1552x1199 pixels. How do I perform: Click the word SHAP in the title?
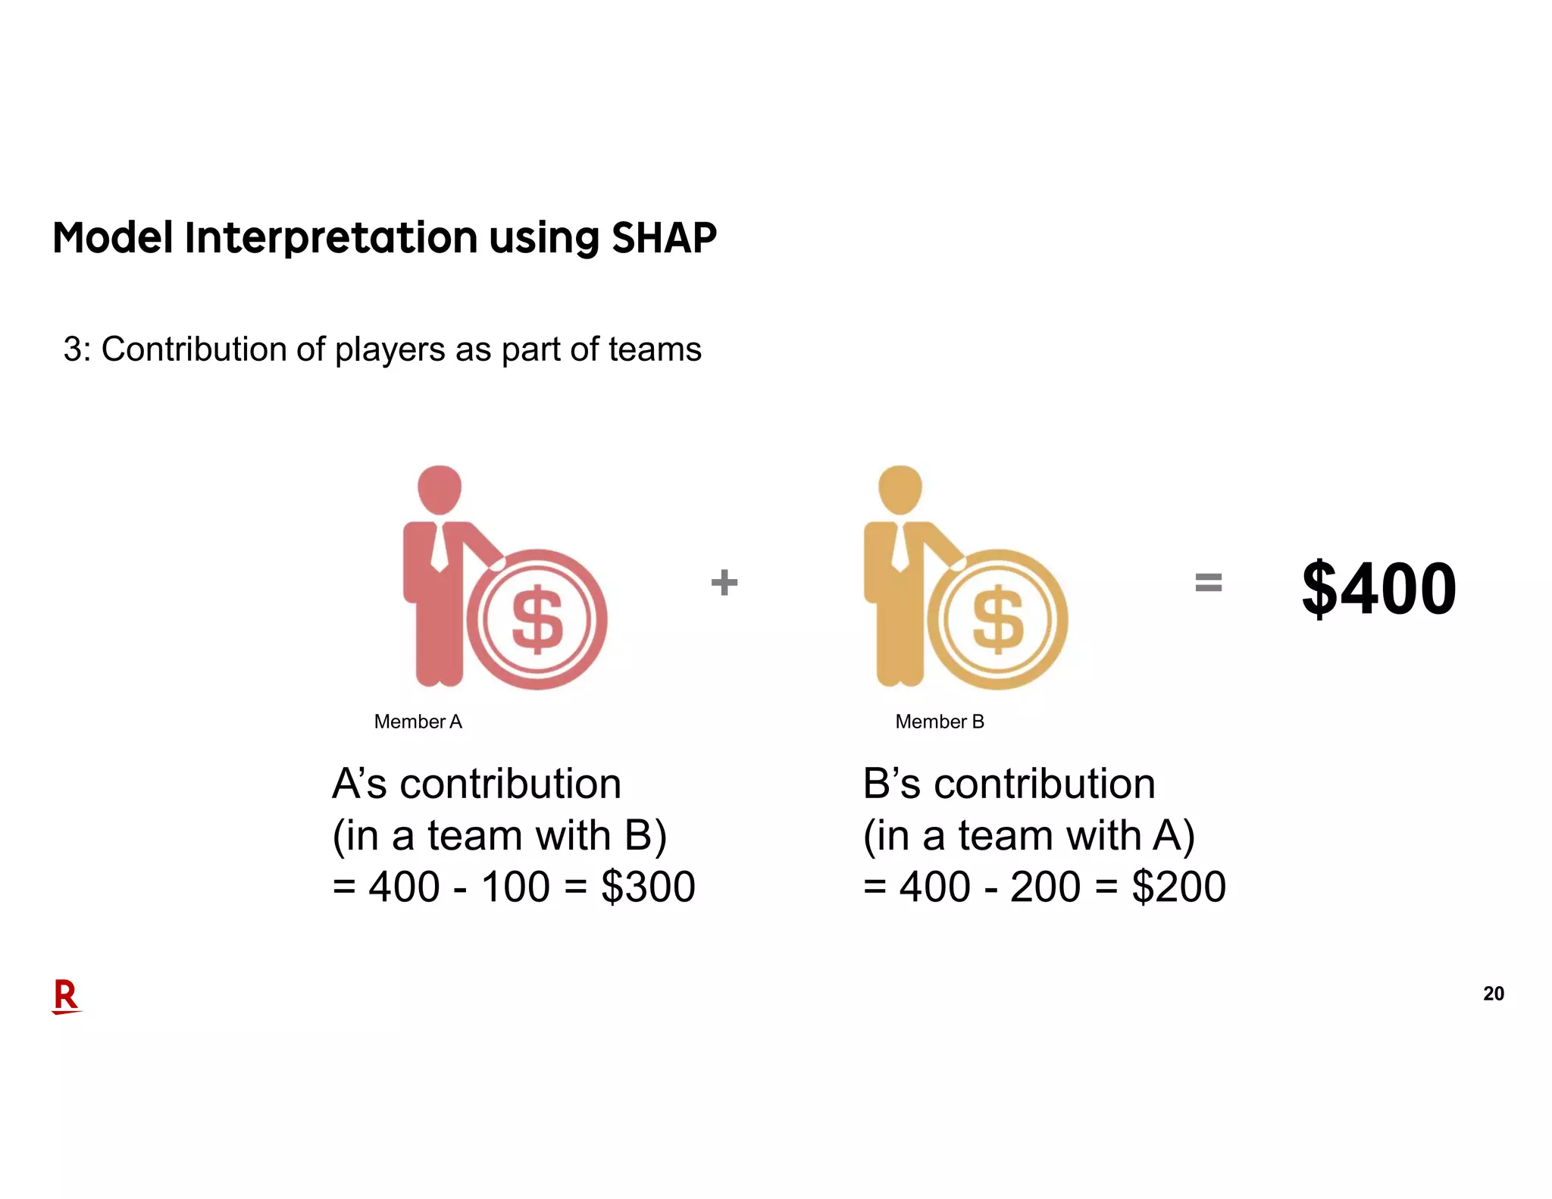(663, 238)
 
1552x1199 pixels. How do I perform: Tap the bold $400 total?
(1378, 588)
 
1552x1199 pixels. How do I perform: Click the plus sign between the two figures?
(724, 582)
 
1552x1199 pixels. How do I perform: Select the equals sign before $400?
(1208, 582)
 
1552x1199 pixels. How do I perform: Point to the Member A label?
(418, 722)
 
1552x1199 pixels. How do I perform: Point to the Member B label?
(939, 722)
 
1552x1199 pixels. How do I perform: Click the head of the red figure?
(440, 489)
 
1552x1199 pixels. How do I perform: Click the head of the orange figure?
(900, 489)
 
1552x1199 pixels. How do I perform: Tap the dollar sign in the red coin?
(537, 619)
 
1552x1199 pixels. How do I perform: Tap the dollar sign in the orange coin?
(998, 619)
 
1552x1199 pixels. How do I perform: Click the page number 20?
(1493, 994)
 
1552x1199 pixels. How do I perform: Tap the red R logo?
(66, 996)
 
